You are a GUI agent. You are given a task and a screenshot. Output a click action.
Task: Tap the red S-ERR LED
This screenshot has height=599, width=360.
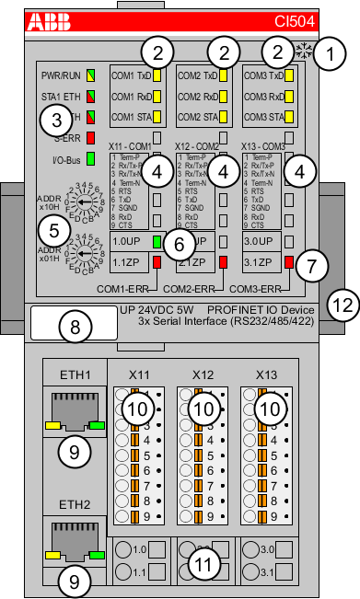[90, 138]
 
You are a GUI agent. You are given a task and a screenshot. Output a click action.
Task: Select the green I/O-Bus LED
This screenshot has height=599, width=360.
[90, 159]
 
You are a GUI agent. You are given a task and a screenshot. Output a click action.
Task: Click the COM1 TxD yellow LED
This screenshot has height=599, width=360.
[157, 75]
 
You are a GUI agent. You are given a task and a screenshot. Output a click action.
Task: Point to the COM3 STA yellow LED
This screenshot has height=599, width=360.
[291, 116]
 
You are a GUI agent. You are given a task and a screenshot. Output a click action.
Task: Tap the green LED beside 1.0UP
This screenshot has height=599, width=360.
[157, 242]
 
